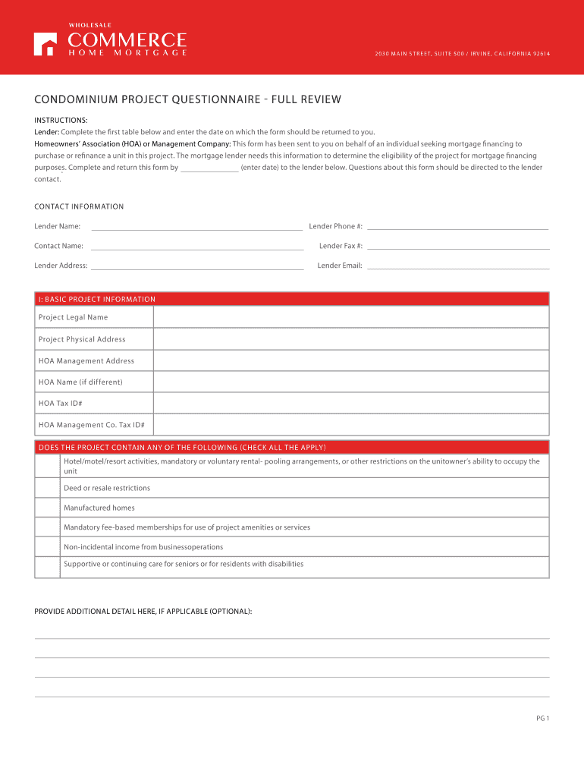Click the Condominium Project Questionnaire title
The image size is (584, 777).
click(x=187, y=99)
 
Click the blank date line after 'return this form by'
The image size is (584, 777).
click(x=210, y=168)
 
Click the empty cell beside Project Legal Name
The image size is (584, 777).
click(x=350, y=317)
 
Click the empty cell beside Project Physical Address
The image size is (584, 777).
click(x=350, y=339)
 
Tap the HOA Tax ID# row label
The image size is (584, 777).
click(x=61, y=404)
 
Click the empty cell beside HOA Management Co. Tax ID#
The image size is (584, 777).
click(x=350, y=425)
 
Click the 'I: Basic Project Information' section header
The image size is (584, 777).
click(x=97, y=299)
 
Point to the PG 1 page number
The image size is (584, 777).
click(x=542, y=719)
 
